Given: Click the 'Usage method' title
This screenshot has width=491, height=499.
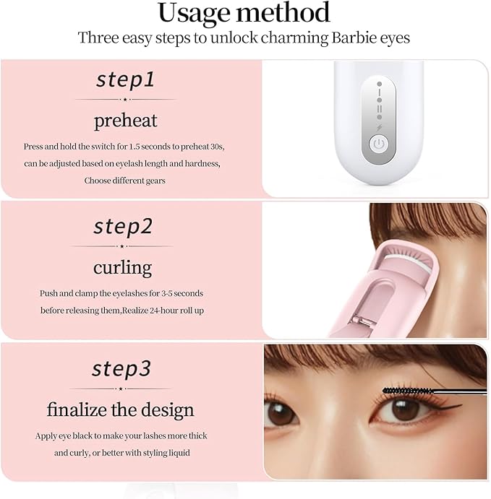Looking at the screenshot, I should pos(244,12).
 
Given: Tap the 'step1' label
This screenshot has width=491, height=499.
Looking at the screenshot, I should pos(124,79).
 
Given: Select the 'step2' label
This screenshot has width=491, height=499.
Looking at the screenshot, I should pos(123,226).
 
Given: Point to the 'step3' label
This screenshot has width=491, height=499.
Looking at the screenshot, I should pos(121,369).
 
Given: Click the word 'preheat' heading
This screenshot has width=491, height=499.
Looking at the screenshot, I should pos(125,120).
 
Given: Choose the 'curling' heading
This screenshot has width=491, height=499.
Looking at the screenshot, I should pos(122,267).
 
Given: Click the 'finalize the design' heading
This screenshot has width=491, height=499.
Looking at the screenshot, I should pos(120,409).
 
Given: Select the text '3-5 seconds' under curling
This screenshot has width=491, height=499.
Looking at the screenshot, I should pos(179,293).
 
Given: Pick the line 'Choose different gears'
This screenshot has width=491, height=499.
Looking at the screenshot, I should pos(124,181).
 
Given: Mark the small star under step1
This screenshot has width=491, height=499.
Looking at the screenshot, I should pos(125,99).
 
